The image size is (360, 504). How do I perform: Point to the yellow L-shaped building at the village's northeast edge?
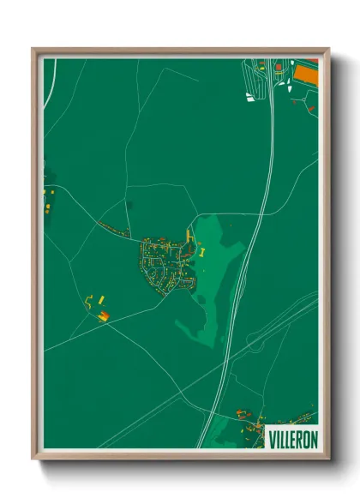(x=189, y=235)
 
